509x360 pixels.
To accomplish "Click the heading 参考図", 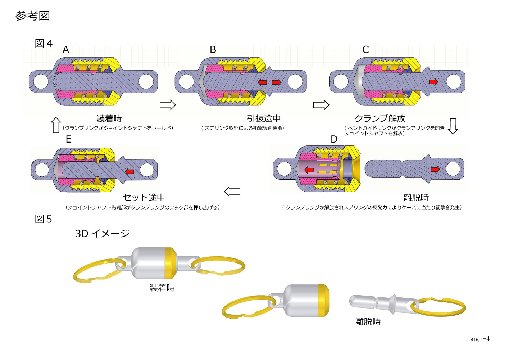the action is point(32,16).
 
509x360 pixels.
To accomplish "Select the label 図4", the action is point(44,44).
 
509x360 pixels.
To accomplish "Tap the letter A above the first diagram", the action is point(66,50).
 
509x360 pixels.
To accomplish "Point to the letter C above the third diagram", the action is point(365,50).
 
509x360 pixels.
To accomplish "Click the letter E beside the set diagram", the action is point(68,139).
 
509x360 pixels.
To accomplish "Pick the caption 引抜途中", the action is point(264,118).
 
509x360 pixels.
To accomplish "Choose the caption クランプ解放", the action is point(380,118).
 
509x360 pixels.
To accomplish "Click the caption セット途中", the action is point(144,197).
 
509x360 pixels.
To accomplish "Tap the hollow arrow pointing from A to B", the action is point(168,105).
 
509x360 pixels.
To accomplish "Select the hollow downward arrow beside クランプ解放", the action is point(453,126).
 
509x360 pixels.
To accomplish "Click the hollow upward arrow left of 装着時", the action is point(56,125).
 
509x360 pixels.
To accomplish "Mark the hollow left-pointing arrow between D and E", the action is point(232,192).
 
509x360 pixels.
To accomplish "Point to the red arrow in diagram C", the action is point(433,82).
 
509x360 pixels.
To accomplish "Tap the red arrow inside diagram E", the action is point(129,171).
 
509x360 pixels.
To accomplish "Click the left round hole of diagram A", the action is point(41,81).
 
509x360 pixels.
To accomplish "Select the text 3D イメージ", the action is point(102,234).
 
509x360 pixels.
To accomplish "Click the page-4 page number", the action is point(479,339).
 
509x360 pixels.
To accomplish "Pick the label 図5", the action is point(44,219).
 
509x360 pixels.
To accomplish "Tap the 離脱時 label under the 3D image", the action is point(368,322).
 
